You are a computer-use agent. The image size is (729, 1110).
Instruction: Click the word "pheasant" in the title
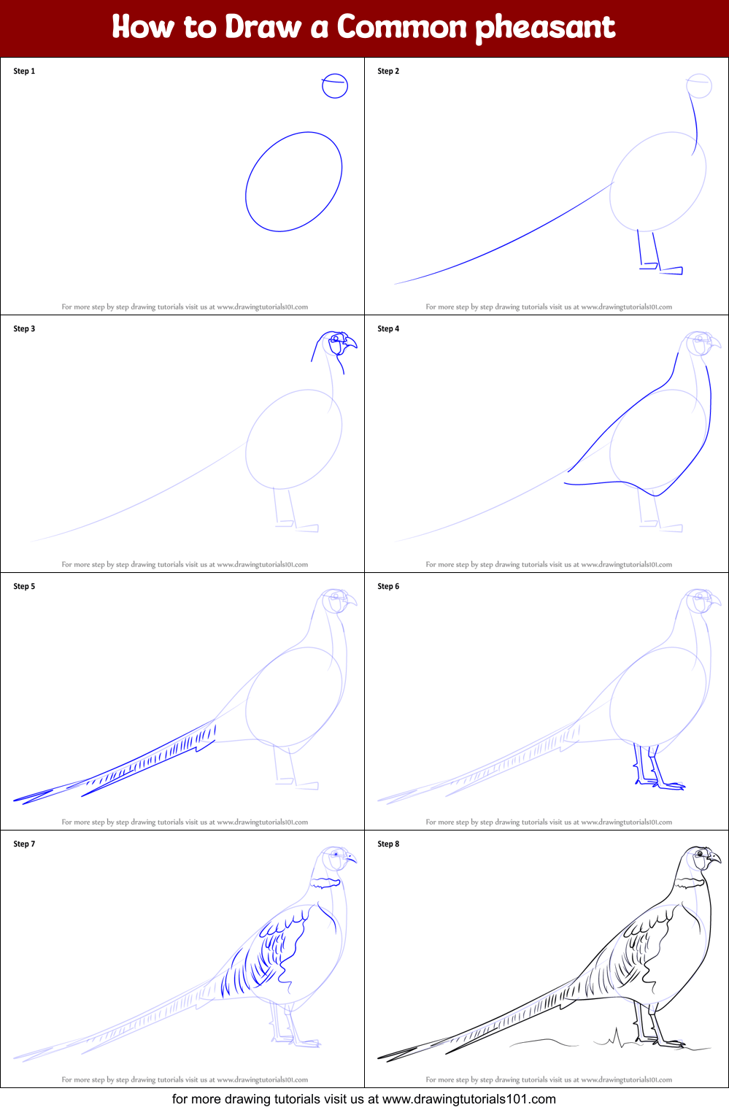[x=545, y=28]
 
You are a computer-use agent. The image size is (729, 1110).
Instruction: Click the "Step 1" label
[x=24, y=71]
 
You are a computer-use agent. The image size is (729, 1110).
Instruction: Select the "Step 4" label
[x=388, y=328]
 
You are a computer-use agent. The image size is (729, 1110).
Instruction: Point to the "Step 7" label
[x=24, y=844]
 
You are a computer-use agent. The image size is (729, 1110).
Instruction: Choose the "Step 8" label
[x=388, y=844]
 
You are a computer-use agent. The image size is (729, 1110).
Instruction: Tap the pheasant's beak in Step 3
[x=351, y=342]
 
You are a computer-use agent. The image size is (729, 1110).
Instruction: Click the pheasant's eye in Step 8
[x=701, y=854]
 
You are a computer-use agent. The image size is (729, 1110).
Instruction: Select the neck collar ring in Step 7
[x=325, y=882]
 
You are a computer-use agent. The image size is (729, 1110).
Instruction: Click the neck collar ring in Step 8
[x=690, y=882]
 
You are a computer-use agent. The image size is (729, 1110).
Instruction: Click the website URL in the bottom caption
[x=468, y=1099]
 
